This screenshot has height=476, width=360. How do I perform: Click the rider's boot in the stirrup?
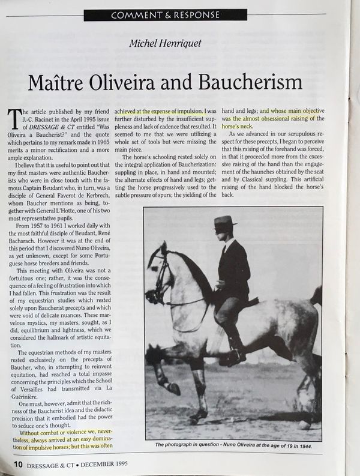tap(231, 356)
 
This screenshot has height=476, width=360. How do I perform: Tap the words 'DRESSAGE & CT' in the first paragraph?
tap(44, 127)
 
